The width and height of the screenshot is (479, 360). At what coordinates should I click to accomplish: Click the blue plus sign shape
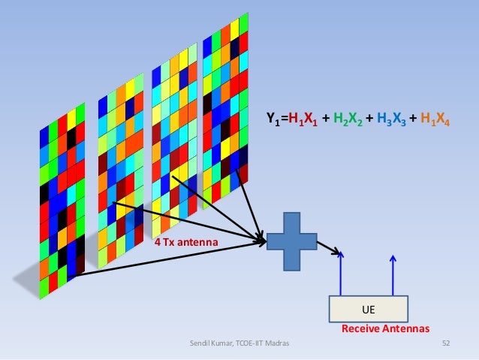(x=291, y=241)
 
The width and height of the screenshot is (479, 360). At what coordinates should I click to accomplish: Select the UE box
(x=369, y=309)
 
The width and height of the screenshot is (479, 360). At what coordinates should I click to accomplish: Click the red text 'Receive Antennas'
(x=385, y=329)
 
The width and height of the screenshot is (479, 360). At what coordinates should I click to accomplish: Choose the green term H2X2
(x=346, y=118)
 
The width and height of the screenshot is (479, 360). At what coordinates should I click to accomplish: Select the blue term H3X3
(x=389, y=118)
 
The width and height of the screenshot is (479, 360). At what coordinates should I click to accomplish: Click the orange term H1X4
(x=434, y=118)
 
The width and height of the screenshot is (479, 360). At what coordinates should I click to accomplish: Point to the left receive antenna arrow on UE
(x=342, y=274)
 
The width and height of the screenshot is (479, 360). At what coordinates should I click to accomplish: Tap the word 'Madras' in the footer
(x=276, y=343)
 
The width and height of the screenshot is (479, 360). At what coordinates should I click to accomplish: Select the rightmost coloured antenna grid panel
(x=225, y=113)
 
